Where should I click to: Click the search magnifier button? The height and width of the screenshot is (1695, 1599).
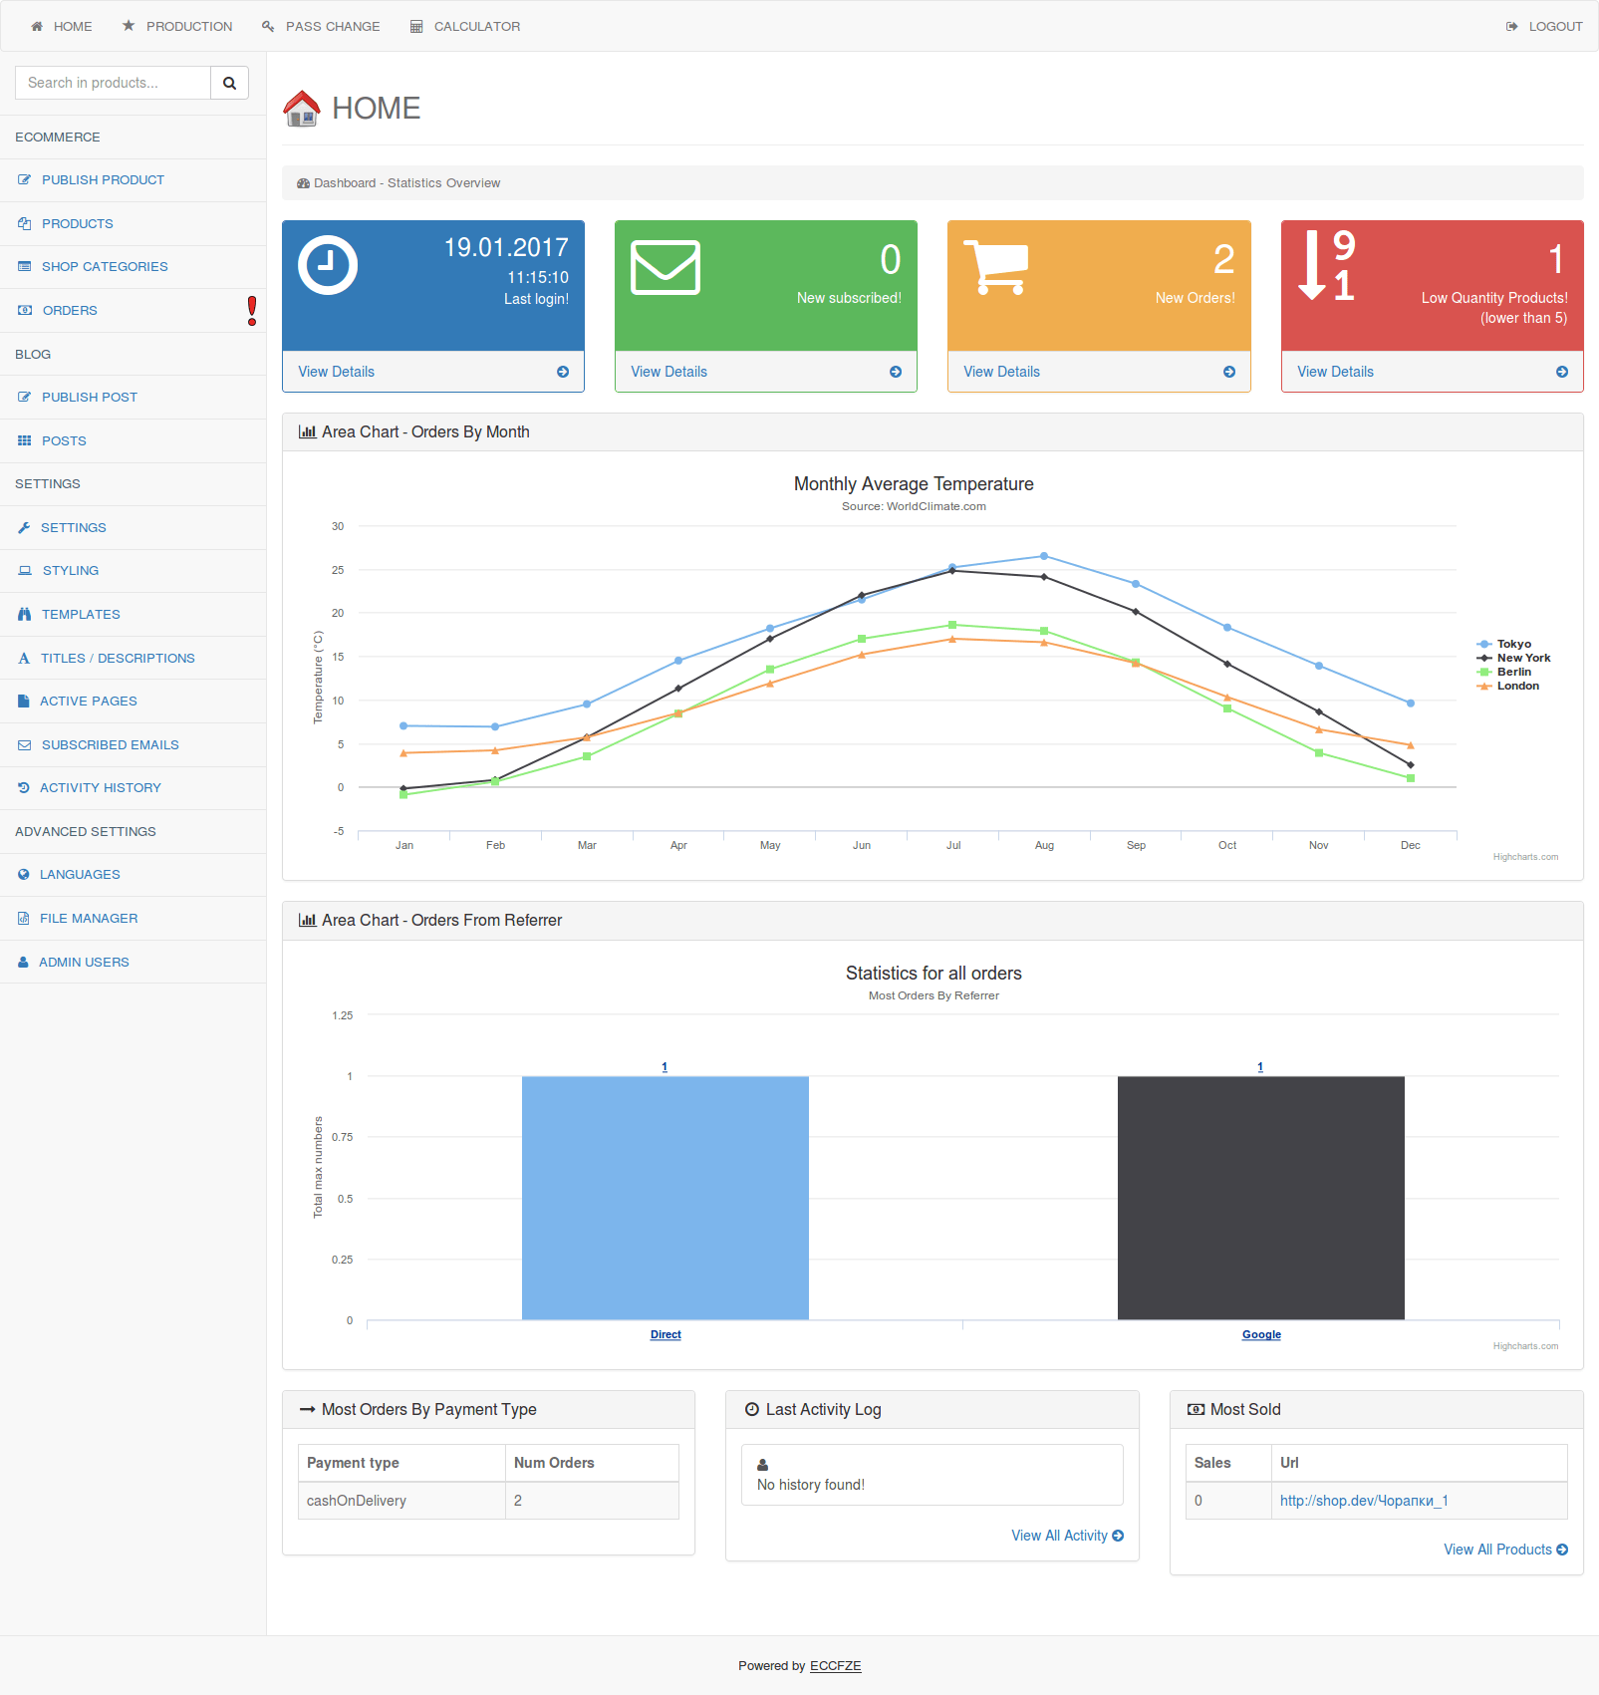[229, 83]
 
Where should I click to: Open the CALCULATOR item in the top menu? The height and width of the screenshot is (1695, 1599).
[465, 26]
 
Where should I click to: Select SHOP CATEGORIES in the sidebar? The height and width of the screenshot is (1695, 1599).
[104, 266]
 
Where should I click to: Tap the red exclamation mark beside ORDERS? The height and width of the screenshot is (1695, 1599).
[252, 310]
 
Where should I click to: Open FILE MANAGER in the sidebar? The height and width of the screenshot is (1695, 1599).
[88, 918]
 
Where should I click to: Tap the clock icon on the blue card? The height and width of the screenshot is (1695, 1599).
[328, 265]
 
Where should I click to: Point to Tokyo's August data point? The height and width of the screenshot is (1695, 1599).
[1044, 556]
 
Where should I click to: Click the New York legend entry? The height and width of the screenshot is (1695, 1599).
[1523, 658]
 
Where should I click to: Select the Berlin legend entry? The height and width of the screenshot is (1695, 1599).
[1513, 672]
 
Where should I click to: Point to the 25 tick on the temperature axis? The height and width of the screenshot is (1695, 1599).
[338, 570]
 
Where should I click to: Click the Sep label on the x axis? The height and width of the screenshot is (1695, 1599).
[1136, 845]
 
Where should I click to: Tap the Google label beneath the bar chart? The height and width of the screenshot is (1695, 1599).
[1261, 1334]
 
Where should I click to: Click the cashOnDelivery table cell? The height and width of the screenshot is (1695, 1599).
[357, 1501]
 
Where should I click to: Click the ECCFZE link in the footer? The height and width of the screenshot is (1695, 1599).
[835, 1665]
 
